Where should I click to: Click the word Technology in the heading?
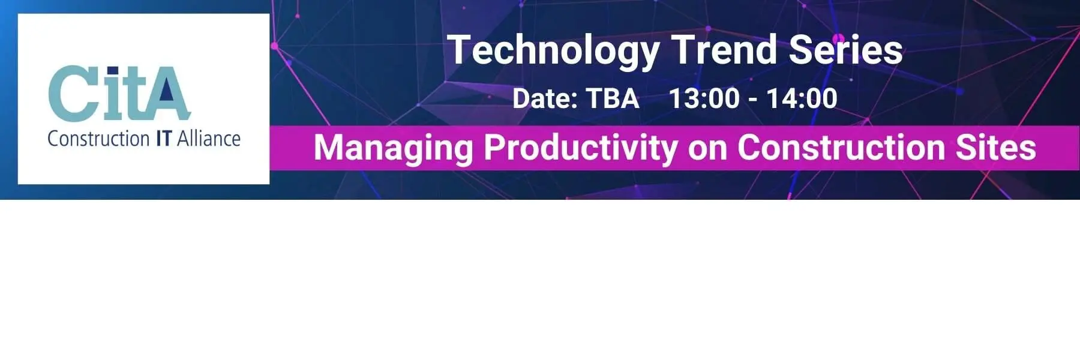553,50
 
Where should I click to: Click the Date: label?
544,98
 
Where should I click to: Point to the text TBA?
612,98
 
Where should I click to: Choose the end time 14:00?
802,98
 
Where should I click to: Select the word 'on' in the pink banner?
707,151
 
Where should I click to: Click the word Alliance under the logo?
209,139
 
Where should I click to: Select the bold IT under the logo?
163,139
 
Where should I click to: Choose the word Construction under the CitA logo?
98,139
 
